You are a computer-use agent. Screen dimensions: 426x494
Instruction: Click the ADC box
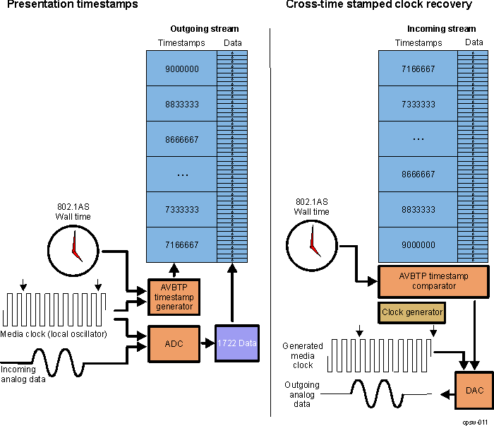pyautogui.click(x=174, y=343)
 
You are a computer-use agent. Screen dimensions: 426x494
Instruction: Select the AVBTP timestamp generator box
pyautogui.click(x=174, y=297)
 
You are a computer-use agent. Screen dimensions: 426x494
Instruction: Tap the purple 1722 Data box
pyautogui.click(x=237, y=343)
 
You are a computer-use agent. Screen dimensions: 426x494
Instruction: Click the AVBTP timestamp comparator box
pyautogui.click(x=433, y=281)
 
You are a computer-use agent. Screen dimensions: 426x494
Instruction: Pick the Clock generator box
pyautogui.click(x=412, y=312)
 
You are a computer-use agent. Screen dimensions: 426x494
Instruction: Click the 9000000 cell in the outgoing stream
pyautogui.click(x=181, y=69)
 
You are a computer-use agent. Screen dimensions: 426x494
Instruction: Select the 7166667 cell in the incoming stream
pyautogui.click(x=418, y=69)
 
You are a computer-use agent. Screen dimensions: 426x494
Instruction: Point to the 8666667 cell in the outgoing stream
pyautogui.click(x=181, y=139)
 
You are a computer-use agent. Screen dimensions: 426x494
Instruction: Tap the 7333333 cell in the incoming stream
pyautogui.click(x=418, y=105)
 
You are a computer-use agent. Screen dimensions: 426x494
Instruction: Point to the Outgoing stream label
pyautogui.click(x=205, y=29)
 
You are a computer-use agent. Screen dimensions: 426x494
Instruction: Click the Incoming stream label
pyautogui.click(x=441, y=29)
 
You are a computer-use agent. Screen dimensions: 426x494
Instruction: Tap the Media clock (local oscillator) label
pyautogui.click(x=55, y=333)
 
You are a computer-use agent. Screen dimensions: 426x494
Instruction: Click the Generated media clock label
pyautogui.click(x=303, y=355)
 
